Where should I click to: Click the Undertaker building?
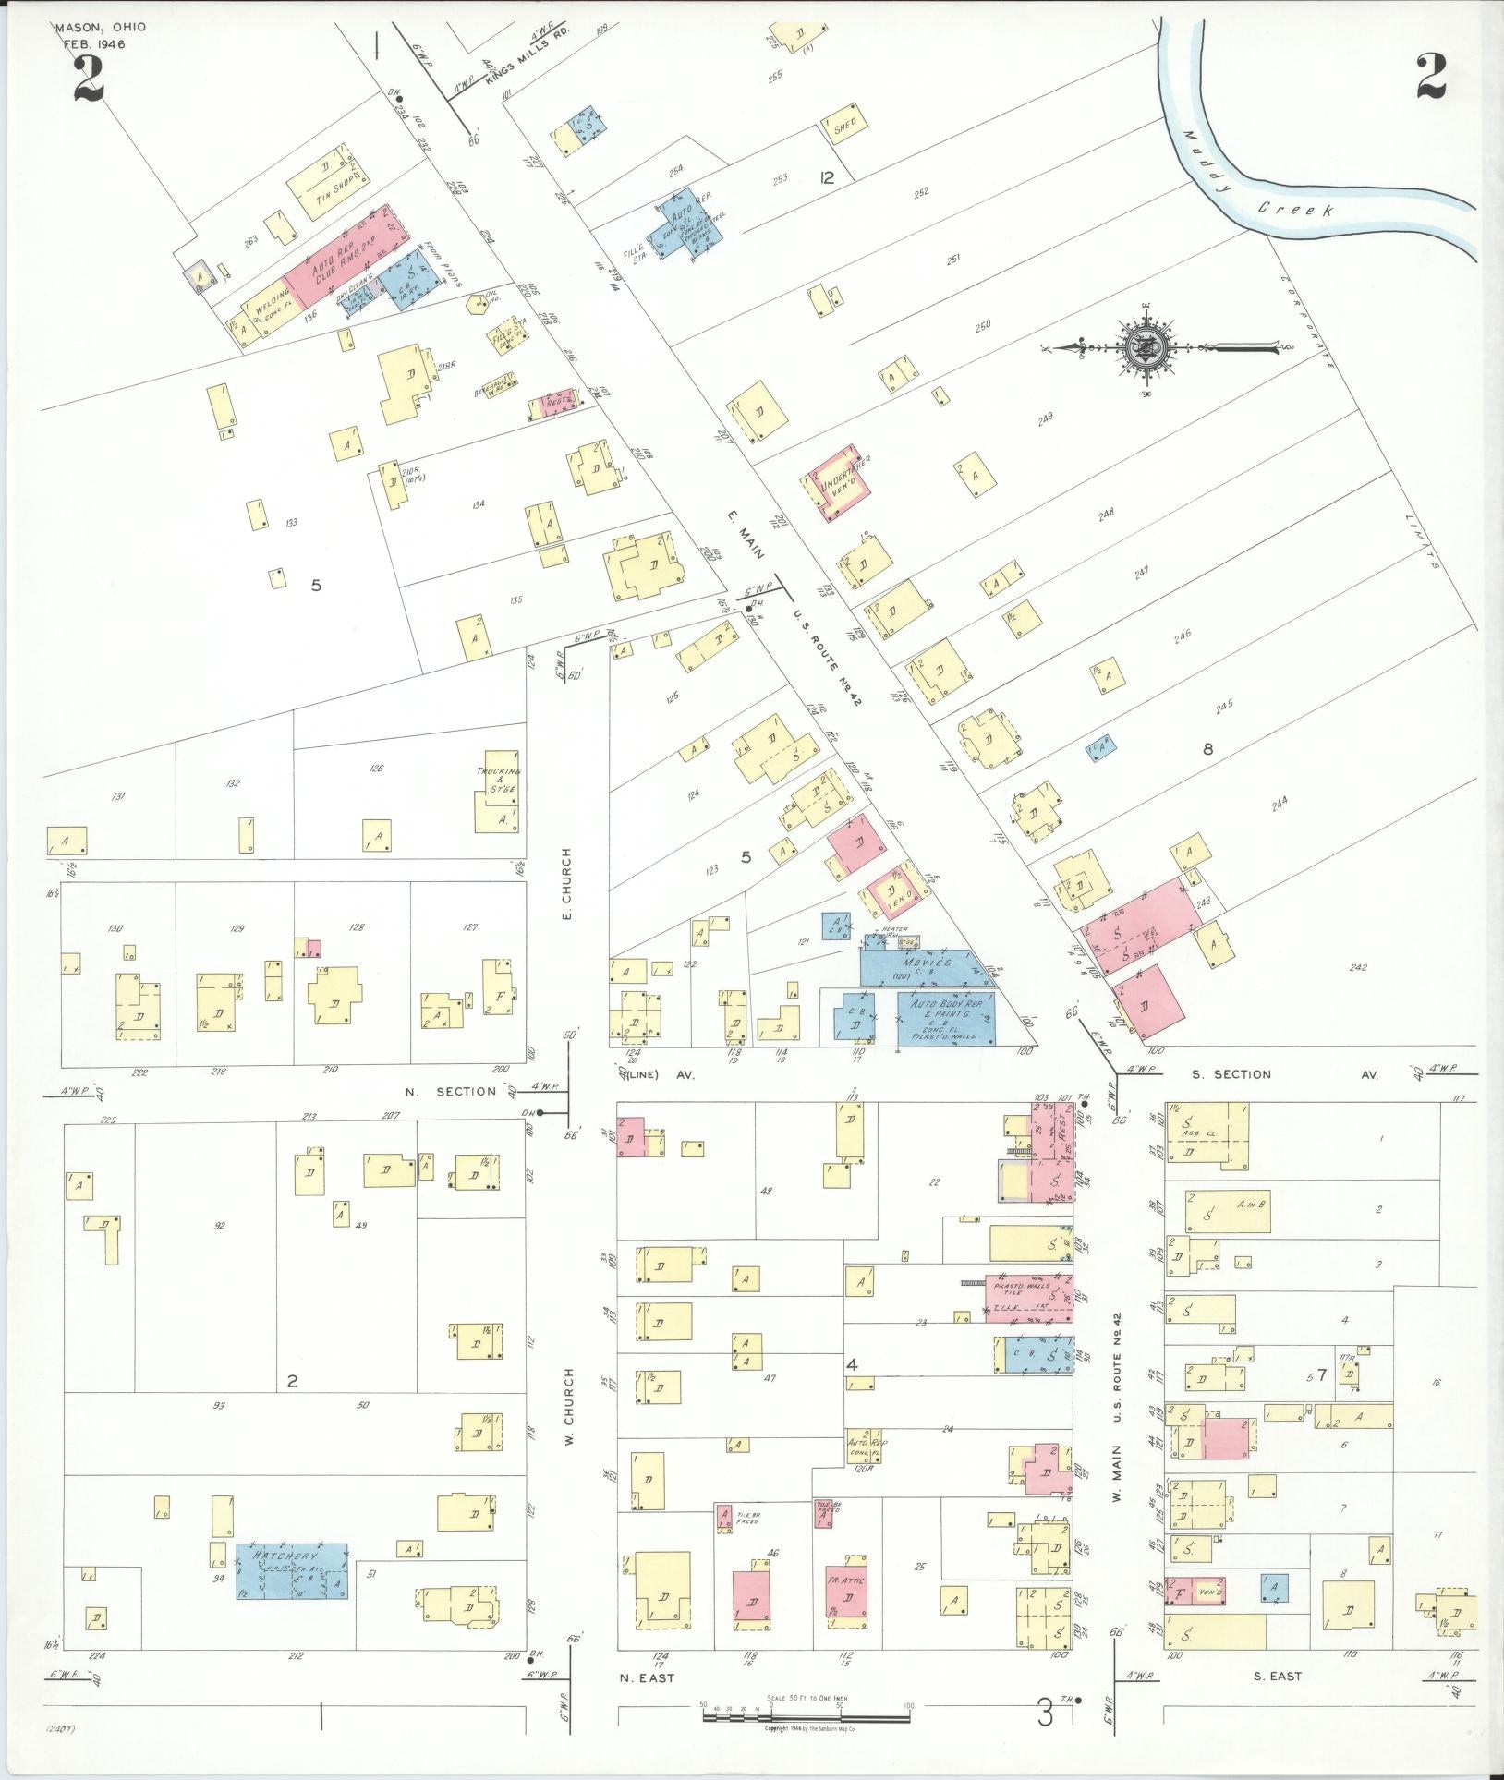pos(837,481)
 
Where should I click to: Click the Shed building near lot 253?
pos(844,127)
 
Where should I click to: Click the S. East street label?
pos(1278,1676)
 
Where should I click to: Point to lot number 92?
pos(220,1226)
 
